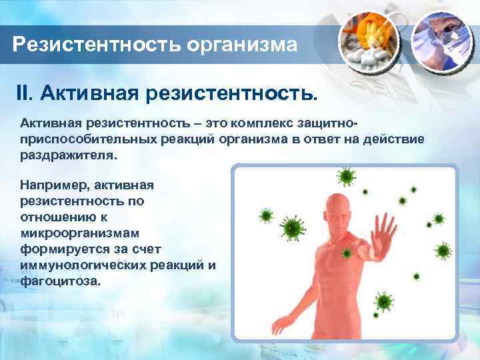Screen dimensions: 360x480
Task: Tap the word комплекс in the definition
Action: [x=259, y=123]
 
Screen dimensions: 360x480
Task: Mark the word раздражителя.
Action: [x=67, y=154]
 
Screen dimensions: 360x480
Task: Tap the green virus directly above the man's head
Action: [x=346, y=176]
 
